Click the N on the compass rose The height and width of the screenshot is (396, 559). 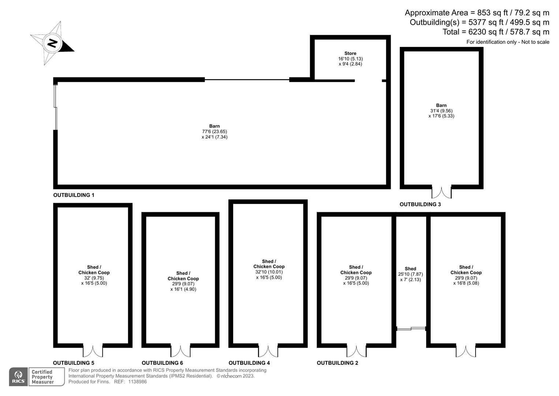tap(52, 43)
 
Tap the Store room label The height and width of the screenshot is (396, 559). tap(350, 53)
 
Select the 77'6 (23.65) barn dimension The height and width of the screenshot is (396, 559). tap(215, 132)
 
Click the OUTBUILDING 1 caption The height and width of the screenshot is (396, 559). tap(74, 195)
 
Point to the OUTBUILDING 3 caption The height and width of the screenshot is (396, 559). tap(420, 204)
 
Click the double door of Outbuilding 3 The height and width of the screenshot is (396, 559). tap(441, 192)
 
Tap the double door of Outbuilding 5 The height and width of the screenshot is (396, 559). tap(93, 351)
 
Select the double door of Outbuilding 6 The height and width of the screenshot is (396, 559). tap(180, 351)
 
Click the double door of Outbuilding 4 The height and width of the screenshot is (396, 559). tap(268, 351)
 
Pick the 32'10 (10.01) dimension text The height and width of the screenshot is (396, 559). tap(269, 272)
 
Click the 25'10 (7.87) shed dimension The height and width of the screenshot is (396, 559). tap(410, 274)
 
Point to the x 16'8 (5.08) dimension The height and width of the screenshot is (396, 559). tap(466, 283)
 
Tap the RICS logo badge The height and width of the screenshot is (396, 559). tap(18, 377)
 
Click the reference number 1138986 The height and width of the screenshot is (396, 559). tap(138, 382)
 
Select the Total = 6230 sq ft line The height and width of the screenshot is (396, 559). tap(496, 32)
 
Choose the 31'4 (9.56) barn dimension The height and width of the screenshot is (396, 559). tap(441, 111)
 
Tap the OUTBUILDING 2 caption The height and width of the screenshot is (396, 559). tap(338, 363)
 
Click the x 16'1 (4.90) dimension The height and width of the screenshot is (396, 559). tap(183, 289)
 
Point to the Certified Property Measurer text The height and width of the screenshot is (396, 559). tap(42, 377)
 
